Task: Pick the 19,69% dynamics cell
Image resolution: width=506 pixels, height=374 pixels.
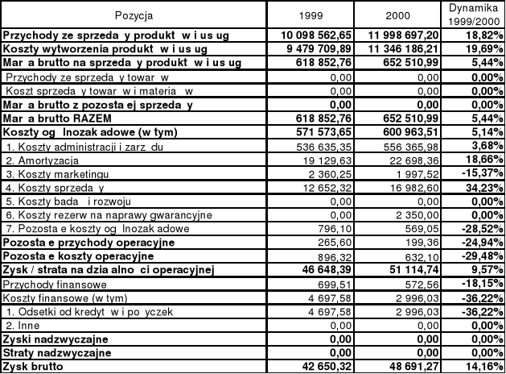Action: click(x=476, y=49)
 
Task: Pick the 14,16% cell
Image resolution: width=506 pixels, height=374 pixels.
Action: click(x=477, y=366)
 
